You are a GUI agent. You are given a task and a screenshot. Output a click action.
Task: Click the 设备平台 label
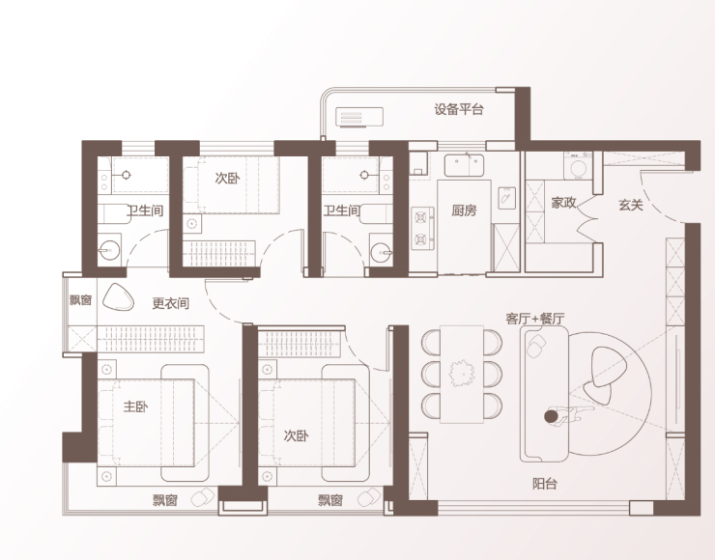[x=459, y=109]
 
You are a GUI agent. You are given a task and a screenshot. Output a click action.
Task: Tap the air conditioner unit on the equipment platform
[x=359, y=117]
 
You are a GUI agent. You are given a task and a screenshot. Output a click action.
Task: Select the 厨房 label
[x=464, y=210]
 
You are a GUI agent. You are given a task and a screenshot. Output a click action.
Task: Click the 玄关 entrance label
[x=631, y=205]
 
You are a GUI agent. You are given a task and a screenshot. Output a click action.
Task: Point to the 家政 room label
[x=563, y=203]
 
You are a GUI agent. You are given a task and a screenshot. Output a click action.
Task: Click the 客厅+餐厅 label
[x=535, y=318]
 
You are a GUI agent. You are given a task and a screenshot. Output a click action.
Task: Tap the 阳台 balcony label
[x=545, y=484]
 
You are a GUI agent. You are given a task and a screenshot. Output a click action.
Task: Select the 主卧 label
[x=135, y=406]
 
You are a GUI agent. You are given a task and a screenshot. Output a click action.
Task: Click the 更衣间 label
[x=171, y=303]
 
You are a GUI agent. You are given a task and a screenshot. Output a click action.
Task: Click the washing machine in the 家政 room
[x=578, y=166]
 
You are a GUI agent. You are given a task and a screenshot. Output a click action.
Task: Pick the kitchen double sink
[x=464, y=165]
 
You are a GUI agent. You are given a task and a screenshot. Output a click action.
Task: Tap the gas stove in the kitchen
[x=422, y=228]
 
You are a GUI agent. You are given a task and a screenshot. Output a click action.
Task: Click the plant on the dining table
[x=462, y=373]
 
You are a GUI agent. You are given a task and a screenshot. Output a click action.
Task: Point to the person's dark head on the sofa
[x=552, y=416]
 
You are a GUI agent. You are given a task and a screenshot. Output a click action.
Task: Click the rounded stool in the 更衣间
[x=118, y=297]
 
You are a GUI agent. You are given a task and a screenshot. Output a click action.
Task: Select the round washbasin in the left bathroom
[x=109, y=250]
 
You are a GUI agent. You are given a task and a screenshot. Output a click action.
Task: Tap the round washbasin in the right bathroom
[x=382, y=252]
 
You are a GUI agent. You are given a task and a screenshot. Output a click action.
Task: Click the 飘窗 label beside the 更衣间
[x=81, y=300]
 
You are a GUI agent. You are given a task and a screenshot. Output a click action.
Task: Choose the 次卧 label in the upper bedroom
[x=227, y=179]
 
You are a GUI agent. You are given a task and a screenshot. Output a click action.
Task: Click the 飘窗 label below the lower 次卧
[x=330, y=500]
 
